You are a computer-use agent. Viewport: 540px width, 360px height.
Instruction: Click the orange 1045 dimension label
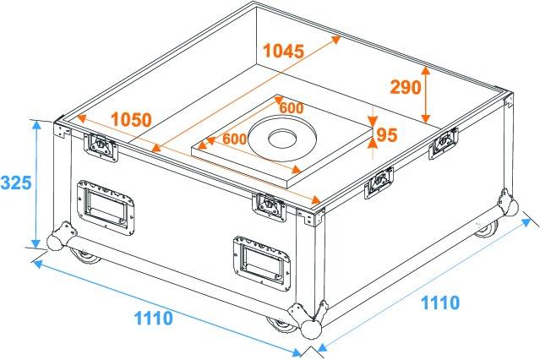(x=282, y=50)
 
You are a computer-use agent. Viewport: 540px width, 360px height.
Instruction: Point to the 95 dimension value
(x=387, y=134)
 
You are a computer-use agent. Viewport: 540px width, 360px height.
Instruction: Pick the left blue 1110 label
(x=154, y=318)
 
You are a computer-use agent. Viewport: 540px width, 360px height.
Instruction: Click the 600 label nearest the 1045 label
(x=292, y=108)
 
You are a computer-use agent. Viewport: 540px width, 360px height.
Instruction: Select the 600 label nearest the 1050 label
(x=234, y=139)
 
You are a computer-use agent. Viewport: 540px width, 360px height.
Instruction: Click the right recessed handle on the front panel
(x=260, y=260)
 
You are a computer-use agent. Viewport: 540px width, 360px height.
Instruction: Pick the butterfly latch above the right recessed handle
(x=270, y=205)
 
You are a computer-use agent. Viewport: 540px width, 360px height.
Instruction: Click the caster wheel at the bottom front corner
(x=278, y=324)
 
